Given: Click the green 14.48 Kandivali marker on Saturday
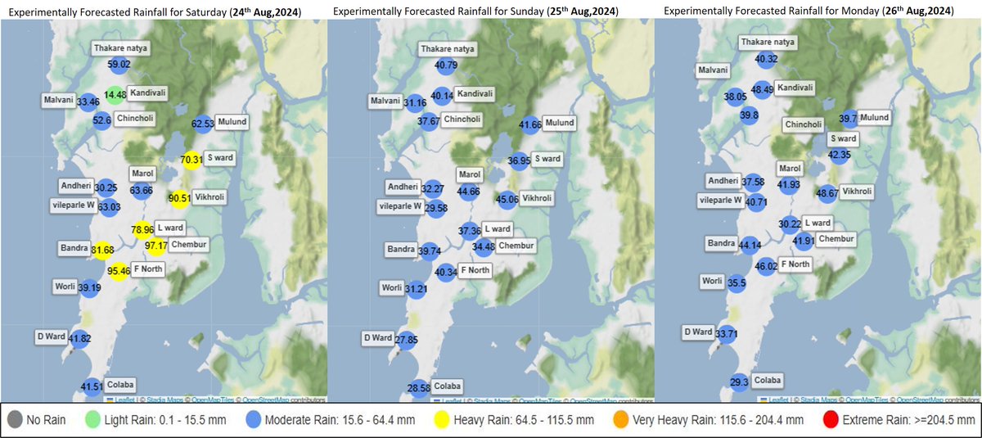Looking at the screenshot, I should pyautogui.click(x=117, y=94).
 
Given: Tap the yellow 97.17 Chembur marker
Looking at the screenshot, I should pyautogui.click(x=155, y=246).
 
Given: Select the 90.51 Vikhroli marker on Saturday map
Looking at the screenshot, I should pyautogui.click(x=178, y=197).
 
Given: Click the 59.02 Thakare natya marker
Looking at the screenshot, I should pyautogui.click(x=119, y=63).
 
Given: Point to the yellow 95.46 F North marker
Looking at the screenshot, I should pyautogui.click(x=118, y=270).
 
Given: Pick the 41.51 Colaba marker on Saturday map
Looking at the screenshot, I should pyautogui.click(x=92, y=386).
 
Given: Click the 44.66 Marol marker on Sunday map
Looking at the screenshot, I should pyautogui.click(x=468, y=192).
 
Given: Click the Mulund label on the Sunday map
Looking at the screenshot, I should pyautogui.click(x=560, y=122).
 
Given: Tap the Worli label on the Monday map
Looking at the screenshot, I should pyautogui.click(x=711, y=281).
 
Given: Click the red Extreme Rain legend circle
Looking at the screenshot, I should pyautogui.click(x=829, y=421).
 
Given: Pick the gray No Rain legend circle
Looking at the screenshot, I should pyautogui.click(x=14, y=421).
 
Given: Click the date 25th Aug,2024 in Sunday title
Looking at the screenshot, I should pyautogui.click(x=582, y=11).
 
